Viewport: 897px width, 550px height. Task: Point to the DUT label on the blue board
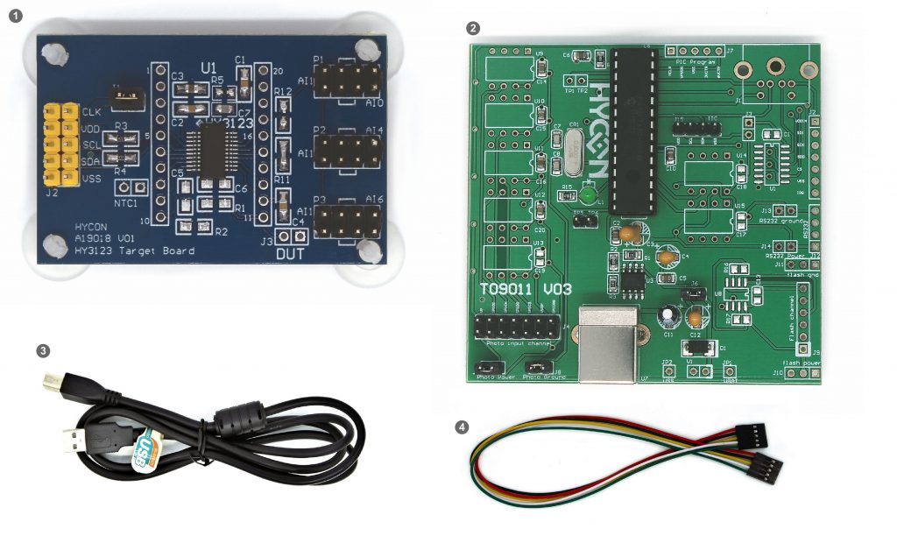(x=293, y=254)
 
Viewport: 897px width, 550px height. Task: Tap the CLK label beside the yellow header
(x=91, y=112)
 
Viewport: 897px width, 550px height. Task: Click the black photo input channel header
(x=517, y=328)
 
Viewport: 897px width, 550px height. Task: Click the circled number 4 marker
(x=462, y=428)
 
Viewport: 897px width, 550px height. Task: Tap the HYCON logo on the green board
(x=600, y=131)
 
